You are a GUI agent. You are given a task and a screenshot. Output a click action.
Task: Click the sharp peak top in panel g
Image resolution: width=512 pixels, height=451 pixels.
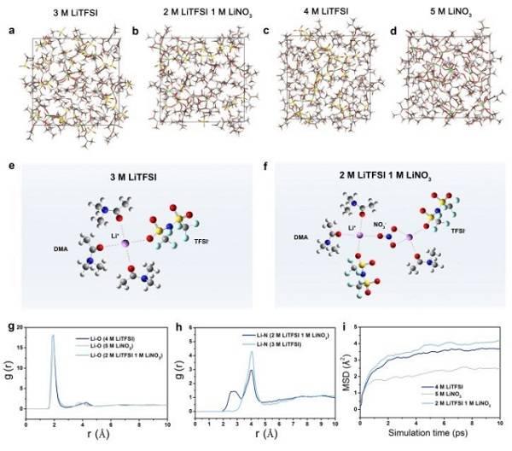tap(54, 336)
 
